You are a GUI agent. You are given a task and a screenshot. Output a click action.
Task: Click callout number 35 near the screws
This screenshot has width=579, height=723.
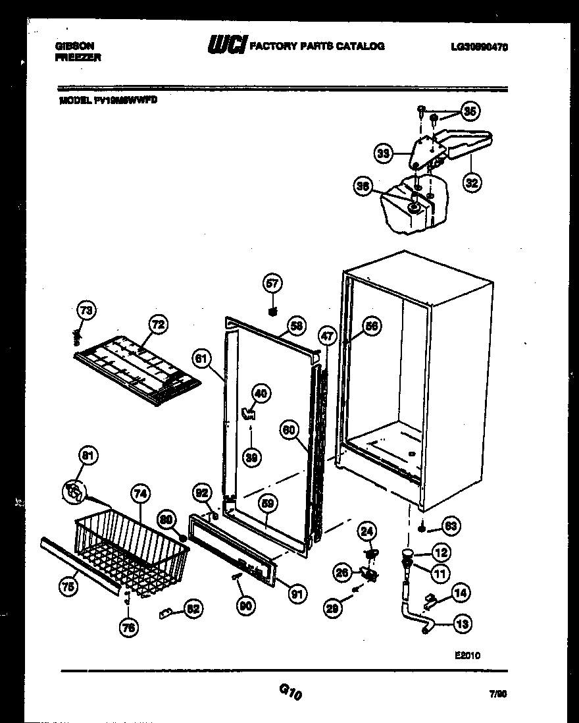click(469, 111)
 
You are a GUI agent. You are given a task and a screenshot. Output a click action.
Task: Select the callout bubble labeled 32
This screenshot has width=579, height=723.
click(471, 182)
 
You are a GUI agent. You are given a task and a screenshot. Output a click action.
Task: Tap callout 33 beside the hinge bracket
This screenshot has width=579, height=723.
click(383, 154)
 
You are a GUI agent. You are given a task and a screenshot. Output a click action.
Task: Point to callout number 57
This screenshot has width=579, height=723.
click(272, 284)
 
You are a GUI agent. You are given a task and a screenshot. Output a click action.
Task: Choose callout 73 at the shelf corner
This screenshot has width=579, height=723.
click(86, 309)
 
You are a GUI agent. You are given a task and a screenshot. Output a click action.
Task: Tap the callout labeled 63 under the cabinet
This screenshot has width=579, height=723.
click(451, 526)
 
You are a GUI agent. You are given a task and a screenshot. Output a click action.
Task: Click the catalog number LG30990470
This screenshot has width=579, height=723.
click(480, 47)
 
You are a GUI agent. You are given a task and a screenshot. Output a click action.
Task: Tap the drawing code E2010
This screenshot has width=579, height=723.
click(467, 655)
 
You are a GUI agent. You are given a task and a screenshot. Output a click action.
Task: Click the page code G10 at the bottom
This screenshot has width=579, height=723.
click(290, 692)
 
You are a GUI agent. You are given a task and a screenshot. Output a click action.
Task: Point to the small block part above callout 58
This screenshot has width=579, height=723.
click(272, 310)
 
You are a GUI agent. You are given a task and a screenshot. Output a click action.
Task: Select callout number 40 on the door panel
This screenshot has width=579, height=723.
click(261, 394)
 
